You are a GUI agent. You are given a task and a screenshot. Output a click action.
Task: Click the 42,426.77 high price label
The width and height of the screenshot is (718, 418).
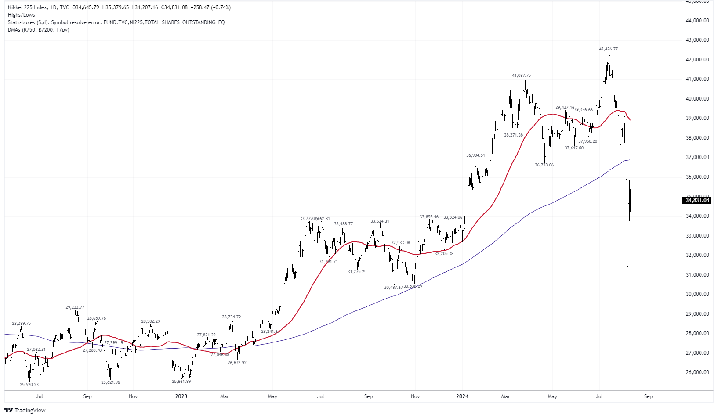(608, 49)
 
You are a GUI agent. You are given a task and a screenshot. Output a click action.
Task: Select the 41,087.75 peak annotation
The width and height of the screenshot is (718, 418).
(521, 76)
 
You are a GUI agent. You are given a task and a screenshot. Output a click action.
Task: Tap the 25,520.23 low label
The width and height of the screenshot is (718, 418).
(29, 385)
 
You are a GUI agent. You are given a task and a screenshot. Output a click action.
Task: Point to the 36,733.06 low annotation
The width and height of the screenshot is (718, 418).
(544, 165)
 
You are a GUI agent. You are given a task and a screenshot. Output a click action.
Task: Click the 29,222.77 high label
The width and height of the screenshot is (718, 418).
(75, 307)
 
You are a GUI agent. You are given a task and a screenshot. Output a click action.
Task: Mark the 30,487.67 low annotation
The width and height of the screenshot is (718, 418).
(393, 288)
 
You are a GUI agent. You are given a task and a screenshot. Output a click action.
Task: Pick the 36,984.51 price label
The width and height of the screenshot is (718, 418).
(475, 155)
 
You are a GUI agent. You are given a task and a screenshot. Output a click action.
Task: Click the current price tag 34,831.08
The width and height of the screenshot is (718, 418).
(697, 200)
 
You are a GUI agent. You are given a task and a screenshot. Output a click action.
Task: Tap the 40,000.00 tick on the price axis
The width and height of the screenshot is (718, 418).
(697, 99)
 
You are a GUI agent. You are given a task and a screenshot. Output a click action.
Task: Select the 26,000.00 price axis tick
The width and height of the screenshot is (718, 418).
(697, 372)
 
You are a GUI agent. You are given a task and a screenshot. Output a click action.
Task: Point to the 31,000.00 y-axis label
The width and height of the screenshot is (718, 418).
(697, 275)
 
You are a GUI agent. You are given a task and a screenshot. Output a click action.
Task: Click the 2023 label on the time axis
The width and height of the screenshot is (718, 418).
(181, 396)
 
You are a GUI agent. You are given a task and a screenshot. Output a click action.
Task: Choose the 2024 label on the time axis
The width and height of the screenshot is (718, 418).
(462, 396)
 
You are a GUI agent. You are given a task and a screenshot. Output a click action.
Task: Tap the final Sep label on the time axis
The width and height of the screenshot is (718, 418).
(648, 396)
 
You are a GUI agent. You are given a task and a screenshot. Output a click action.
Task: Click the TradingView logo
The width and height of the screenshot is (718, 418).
(25, 410)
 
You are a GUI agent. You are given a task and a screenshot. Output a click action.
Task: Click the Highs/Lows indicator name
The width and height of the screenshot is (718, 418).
(21, 15)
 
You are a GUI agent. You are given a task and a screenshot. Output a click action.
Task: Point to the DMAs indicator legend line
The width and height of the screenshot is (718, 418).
(38, 30)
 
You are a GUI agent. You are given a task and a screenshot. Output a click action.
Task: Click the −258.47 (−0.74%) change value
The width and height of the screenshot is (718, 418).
(211, 7)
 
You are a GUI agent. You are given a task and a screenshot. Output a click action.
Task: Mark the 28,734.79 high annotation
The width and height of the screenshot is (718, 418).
(231, 317)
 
